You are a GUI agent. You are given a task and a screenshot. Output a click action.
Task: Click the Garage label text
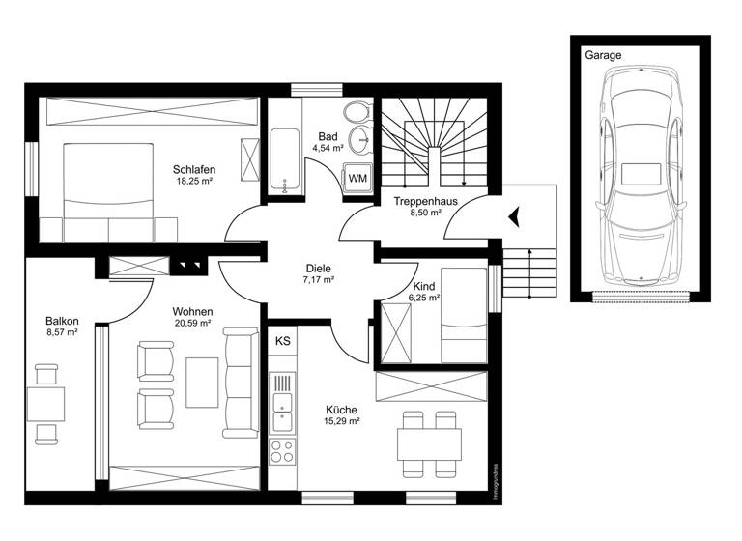point(603,55)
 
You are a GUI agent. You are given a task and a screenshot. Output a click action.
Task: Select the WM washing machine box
point(357,178)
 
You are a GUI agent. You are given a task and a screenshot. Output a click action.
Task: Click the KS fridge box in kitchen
point(283,341)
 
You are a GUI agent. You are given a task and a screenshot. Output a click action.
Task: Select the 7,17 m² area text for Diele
point(318,280)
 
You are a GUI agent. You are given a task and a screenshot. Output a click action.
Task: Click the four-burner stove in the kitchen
point(282,450)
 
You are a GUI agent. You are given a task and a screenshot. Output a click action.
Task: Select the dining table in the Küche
point(429,443)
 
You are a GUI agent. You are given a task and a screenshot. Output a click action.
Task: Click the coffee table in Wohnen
point(202,382)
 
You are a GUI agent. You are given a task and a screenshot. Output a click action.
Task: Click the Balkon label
point(61,321)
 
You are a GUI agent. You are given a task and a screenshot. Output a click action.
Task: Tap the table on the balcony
point(45,403)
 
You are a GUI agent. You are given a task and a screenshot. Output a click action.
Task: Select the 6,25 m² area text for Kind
point(426,299)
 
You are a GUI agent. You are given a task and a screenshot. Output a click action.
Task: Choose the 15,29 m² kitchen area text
point(342,422)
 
